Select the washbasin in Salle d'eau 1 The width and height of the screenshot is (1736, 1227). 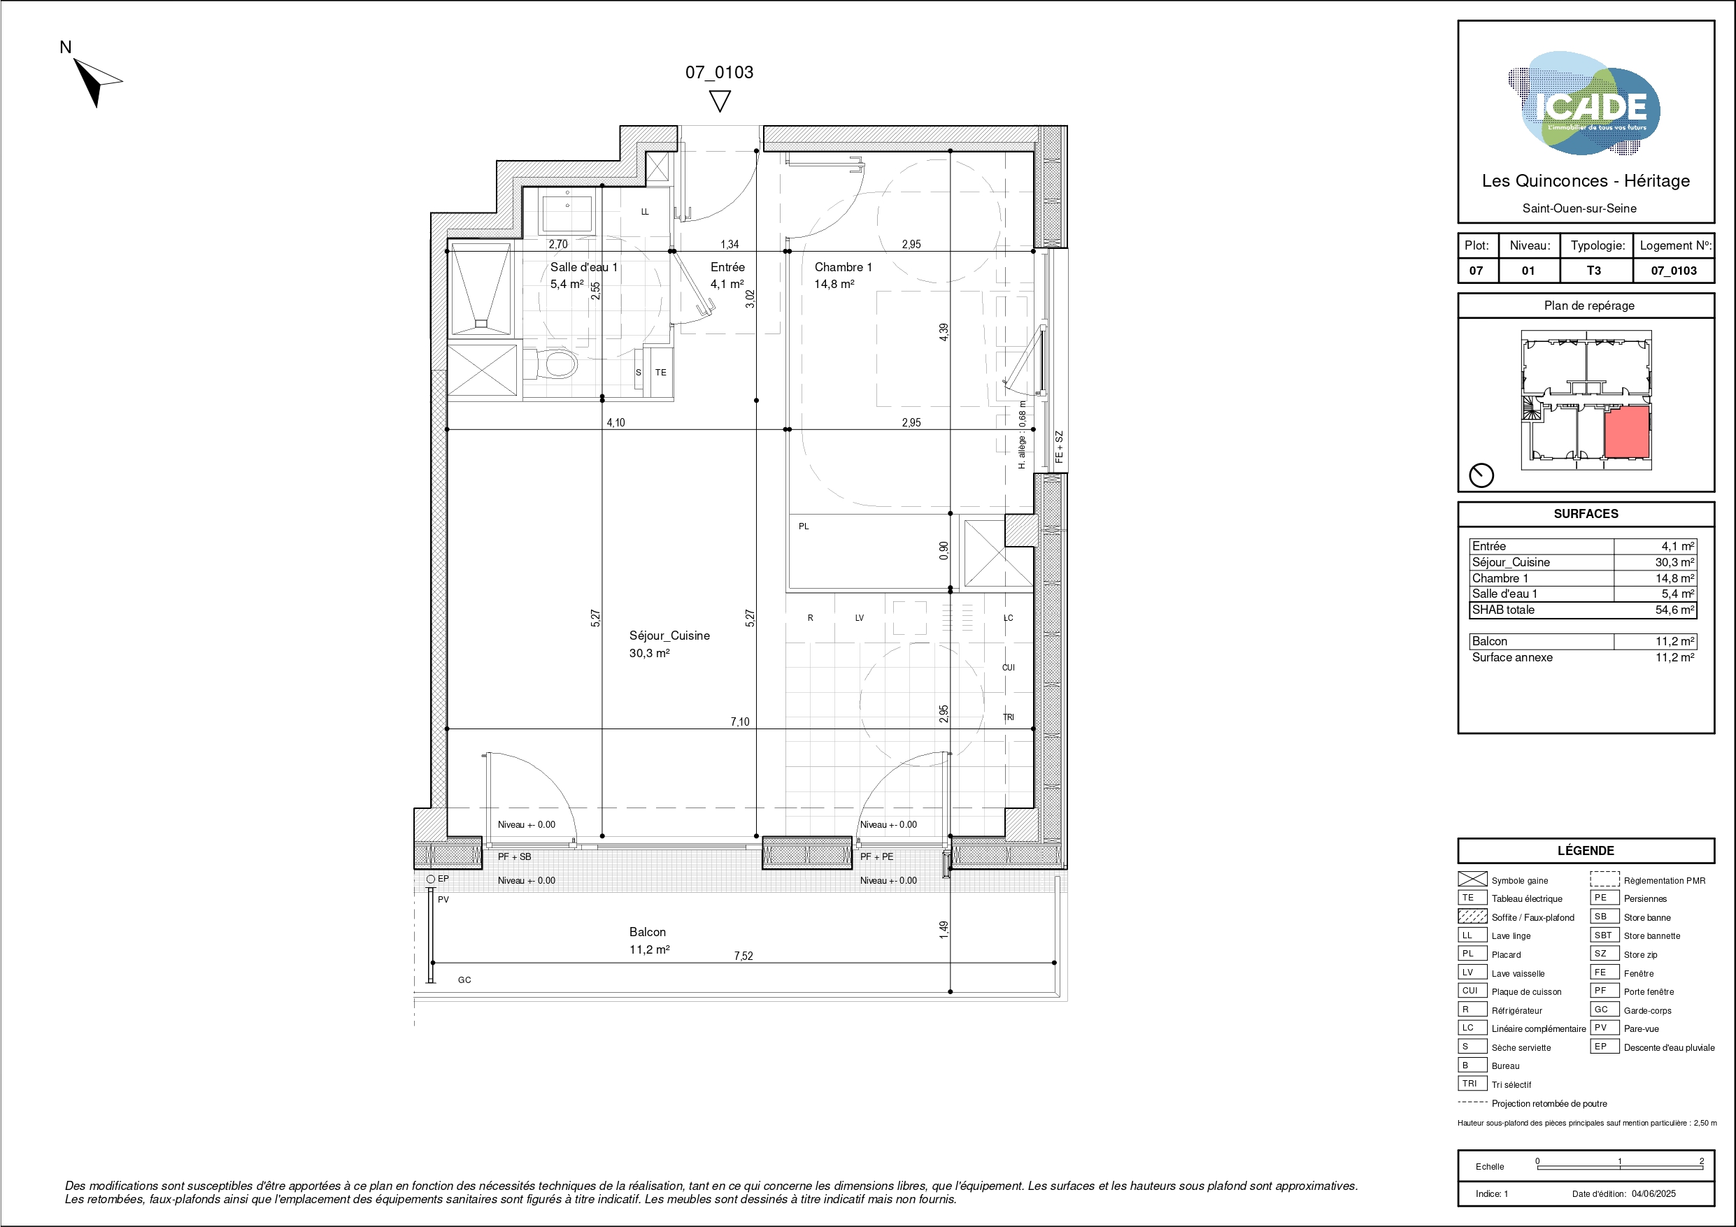point(567,210)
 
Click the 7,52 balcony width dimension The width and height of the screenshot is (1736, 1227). point(744,956)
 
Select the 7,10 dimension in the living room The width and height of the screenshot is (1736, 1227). point(739,722)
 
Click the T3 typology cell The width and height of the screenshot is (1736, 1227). point(1593,271)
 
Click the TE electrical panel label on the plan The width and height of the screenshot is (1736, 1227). point(661,373)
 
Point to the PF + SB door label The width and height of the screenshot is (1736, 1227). point(514,856)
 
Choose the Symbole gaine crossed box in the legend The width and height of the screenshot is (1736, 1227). point(1472,880)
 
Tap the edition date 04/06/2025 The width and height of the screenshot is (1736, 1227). point(1653,1193)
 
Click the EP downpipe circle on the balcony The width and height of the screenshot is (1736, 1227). point(431,880)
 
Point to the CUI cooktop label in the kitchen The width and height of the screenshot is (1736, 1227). point(1008,668)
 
